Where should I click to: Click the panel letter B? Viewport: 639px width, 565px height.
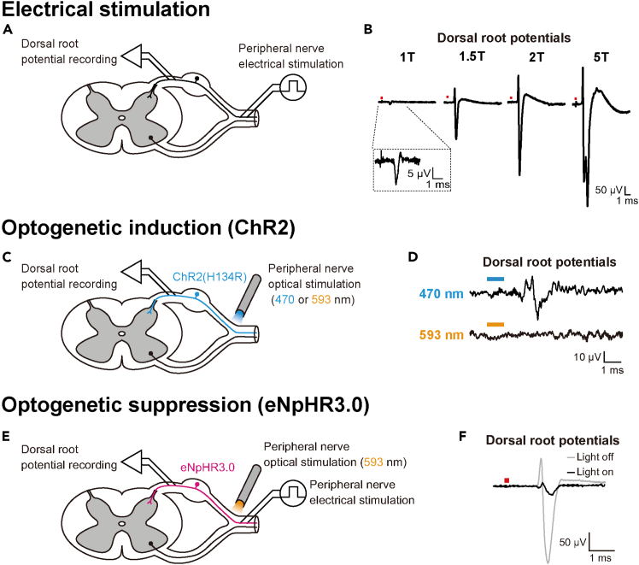coord(368,30)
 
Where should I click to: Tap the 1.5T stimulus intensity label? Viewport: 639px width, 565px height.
coord(472,56)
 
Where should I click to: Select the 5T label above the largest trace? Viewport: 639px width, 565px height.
coord(601,57)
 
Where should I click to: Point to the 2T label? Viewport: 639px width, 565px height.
coord(536,57)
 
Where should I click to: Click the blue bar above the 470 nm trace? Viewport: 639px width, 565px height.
coord(495,279)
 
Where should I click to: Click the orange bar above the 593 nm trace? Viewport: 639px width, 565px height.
coord(495,325)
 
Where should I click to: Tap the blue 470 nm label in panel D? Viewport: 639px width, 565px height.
coord(442,293)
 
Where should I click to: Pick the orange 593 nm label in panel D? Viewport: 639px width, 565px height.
coord(442,335)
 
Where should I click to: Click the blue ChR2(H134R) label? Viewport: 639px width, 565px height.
coord(209,277)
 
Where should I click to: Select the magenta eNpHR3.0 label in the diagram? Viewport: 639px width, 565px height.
coord(208,468)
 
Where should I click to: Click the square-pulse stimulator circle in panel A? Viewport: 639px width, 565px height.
coord(293,87)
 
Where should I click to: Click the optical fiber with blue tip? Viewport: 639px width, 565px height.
coord(247,297)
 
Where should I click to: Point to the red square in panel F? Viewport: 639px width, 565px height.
coord(507,480)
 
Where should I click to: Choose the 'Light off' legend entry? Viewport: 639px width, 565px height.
coord(590,457)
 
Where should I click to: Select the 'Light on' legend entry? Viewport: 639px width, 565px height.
coord(590,472)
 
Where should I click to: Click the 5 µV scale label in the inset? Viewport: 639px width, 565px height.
coord(419,174)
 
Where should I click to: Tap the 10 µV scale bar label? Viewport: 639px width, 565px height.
coord(587,357)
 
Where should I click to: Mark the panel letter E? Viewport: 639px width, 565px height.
coord(6,437)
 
